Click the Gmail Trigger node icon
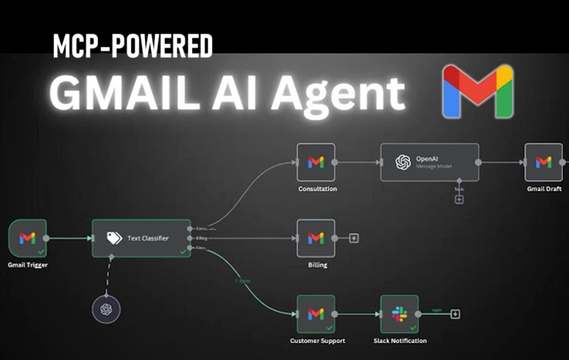[28, 238]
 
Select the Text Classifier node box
[142, 238]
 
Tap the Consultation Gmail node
[316, 162]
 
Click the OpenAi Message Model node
[429, 162]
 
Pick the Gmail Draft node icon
[543, 162]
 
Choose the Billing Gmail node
[316, 238]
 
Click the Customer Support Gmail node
[316, 314]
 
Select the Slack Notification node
[399, 314]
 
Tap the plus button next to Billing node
[354, 238]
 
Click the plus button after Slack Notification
[455, 314]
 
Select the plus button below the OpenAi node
[459, 199]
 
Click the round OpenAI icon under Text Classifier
[106, 309]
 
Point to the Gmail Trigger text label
[28, 265]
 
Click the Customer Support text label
[317, 341]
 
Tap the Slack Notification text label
[400, 341]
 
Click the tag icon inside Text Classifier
[114, 238]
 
